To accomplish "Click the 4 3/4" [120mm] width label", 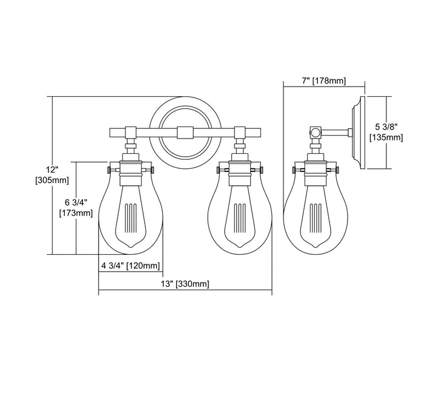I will point(130,265).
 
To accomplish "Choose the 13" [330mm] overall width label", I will point(185,284).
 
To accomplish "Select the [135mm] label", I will point(386,138).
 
